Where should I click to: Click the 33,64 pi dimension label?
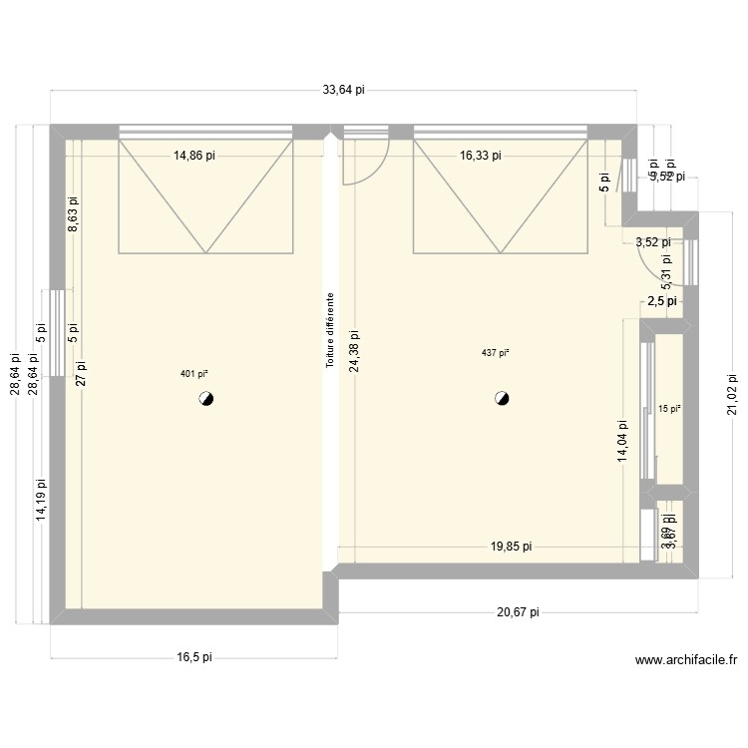pos(343,90)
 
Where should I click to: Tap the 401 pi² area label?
pos(193,374)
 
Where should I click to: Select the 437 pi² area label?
pos(496,353)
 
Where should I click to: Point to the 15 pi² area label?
pos(669,408)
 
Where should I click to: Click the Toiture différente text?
pos(329,330)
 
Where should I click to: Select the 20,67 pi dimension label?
pos(518,613)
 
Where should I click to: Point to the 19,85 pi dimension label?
pos(510,547)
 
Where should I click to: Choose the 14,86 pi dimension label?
pos(194,156)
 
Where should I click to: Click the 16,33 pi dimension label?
pos(481,156)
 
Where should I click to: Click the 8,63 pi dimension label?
pos(73,215)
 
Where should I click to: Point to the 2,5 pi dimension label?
pos(661,300)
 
